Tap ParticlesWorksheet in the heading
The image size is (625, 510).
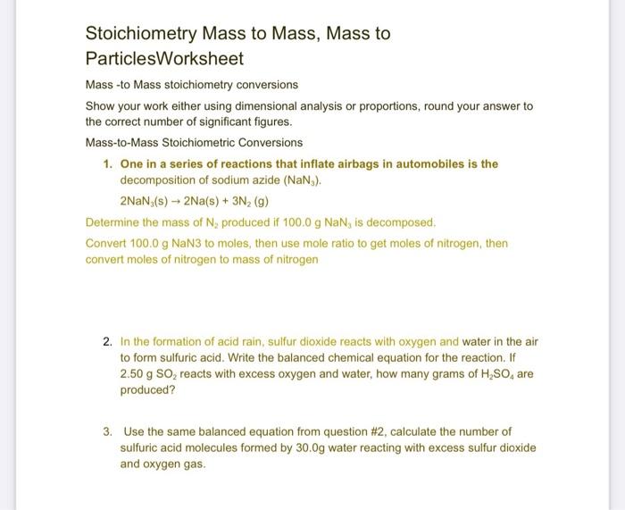tap(164, 59)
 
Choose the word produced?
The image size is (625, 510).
tap(147, 390)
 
